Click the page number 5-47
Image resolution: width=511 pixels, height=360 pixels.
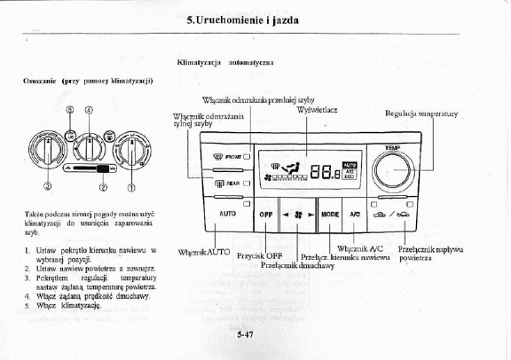pyautogui.click(x=247, y=335)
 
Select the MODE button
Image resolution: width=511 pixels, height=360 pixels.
pyautogui.click(x=330, y=214)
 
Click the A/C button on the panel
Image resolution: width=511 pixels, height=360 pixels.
pyautogui.click(x=354, y=214)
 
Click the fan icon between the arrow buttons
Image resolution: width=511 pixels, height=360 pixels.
pyautogui.click(x=297, y=214)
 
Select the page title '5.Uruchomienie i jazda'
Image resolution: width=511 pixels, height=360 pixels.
pyautogui.click(x=255, y=18)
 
